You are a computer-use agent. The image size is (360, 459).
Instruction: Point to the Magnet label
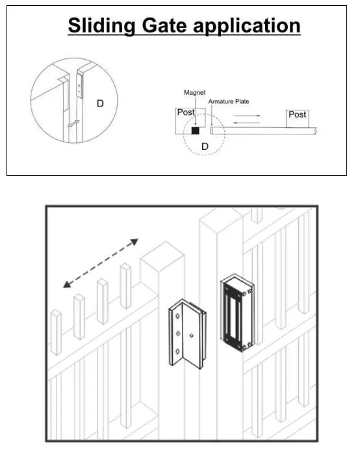point(194,93)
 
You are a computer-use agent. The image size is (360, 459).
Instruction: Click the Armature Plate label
point(228,102)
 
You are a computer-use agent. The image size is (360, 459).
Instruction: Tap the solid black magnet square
point(195,130)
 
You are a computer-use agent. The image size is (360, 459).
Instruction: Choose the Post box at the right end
point(297,115)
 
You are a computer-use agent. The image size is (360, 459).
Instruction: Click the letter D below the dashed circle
point(204,147)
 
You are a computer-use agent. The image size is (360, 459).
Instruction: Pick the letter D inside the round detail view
point(101,103)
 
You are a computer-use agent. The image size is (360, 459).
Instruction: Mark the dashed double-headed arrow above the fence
point(101,263)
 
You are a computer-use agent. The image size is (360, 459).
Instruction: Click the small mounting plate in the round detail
point(80,85)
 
